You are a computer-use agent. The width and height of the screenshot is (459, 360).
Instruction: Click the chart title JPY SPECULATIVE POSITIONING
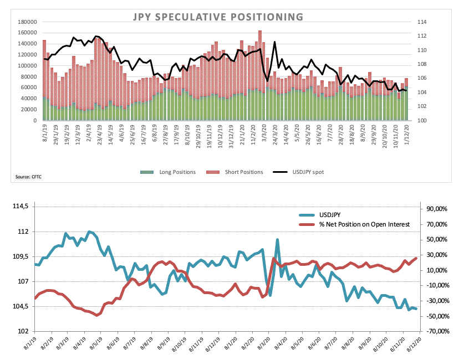[218, 17]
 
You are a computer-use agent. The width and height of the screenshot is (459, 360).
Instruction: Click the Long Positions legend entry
[168, 172]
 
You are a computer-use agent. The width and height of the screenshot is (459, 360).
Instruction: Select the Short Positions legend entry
[234, 172]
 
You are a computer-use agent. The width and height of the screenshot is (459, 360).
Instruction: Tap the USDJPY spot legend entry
[298, 172]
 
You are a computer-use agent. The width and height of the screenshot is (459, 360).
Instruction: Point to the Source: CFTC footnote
[28, 177]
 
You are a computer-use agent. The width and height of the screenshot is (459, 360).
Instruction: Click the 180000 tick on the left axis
[27, 22]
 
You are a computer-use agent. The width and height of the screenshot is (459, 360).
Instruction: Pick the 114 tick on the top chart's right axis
[422, 22]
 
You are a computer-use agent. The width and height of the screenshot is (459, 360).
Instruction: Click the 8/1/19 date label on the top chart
[45, 133]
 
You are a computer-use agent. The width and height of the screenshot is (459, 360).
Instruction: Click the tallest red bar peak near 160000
[259, 30]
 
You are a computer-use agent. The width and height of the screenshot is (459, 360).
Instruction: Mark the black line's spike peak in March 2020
[274, 42]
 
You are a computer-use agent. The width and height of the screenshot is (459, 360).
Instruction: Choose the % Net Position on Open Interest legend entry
[354, 224]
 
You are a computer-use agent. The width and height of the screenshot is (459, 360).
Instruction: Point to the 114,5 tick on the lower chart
[21, 206]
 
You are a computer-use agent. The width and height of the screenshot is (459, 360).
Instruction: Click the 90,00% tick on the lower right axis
[437, 209]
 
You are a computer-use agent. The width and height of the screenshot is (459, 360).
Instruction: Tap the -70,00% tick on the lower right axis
[436, 331]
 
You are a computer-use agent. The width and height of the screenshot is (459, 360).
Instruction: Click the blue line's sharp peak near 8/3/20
[277, 240]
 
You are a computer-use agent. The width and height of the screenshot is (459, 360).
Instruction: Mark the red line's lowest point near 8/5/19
[97, 315]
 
